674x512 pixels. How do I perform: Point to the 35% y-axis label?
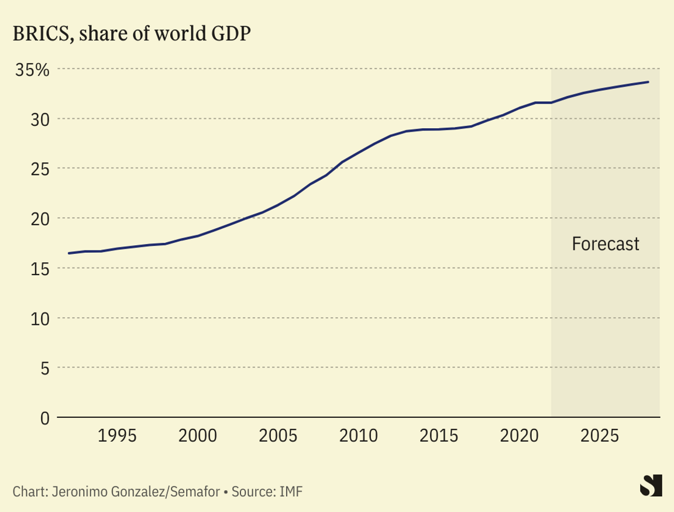[x=32, y=70]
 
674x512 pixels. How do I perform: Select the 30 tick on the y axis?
[x=37, y=119]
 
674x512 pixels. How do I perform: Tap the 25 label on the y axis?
[x=37, y=169]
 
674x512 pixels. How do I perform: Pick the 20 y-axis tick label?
[x=37, y=219]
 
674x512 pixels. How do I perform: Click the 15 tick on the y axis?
[x=37, y=269]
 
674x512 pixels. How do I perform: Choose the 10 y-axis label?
[x=37, y=318]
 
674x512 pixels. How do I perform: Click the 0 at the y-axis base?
[x=44, y=418]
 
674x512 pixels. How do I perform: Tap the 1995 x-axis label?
[x=118, y=436]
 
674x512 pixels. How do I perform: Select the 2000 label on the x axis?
[x=198, y=436]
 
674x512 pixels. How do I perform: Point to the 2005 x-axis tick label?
[x=278, y=436]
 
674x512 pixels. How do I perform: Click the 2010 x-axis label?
[x=358, y=436]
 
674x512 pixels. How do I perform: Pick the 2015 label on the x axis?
[x=438, y=436]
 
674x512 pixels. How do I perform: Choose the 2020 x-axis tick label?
[x=518, y=436]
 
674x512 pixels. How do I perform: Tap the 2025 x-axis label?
[x=599, y=436]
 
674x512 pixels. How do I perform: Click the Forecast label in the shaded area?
[x=606, y=243]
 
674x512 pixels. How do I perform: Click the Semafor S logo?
[x=651, y=485]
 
